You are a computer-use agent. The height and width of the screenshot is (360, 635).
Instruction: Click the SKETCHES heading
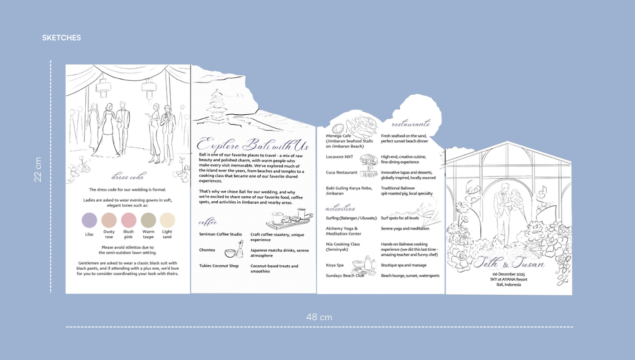(x=61, y=38)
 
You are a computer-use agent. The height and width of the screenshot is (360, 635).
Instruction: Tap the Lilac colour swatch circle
(x=89, y=220)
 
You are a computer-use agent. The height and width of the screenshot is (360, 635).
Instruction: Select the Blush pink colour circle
(x=129, y=220)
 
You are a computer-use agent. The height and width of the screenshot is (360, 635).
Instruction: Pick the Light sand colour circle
(x=167, y=220)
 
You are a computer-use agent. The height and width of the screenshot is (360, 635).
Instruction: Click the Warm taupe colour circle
(x=148, y=220)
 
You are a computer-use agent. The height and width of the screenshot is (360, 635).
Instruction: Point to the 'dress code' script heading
(x=128, y=177)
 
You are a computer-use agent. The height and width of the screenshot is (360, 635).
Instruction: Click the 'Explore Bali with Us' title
(x=253, y=145)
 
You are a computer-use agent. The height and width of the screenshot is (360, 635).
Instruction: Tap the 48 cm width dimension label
(x=319, y=317)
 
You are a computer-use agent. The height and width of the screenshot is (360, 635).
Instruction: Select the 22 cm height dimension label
(x=38, y=169)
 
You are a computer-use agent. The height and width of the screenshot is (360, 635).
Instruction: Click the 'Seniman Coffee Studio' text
(x=220, y=234)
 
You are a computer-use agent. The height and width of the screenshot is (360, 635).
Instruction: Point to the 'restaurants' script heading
(x=410, y=124)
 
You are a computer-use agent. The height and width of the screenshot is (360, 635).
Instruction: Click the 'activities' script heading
(x=340, y=209)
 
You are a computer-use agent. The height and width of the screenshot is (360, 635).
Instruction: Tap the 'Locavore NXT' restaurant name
(x=339, y=157)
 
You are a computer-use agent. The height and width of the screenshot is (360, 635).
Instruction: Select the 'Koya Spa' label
(x=335, y=265)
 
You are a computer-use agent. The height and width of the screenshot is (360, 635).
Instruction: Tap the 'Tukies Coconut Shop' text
(x=219, y=266)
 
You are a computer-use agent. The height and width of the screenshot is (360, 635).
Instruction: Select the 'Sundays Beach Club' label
(x=345, y=275)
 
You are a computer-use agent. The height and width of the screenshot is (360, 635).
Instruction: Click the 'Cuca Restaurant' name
(x=342, y=173)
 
